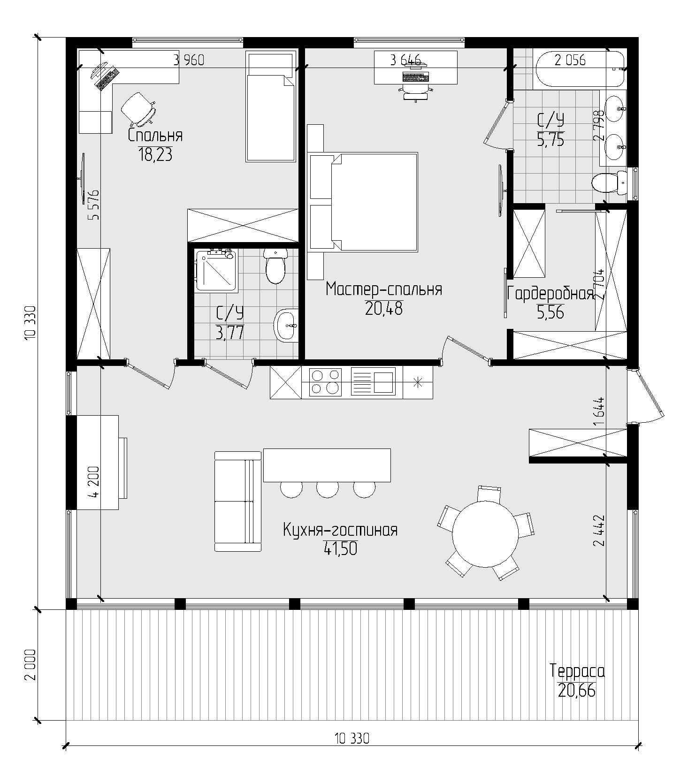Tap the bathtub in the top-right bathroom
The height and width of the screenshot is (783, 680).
(x=579, y=69)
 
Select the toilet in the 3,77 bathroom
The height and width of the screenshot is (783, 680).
(x=275, y=266)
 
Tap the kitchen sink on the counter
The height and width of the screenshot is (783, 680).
(x=373, y=381)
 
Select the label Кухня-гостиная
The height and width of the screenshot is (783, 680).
(x=340, y=530)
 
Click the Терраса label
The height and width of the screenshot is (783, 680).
(x=577, y=671)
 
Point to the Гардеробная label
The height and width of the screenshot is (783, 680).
(x=550, y=294)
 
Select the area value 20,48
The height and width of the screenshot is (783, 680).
(x=384, y=308)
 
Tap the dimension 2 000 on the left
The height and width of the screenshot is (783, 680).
(x=31, y=665)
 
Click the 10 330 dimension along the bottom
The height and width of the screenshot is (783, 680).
(x=352, y=738)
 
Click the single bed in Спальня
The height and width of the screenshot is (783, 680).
(x=271, y=107)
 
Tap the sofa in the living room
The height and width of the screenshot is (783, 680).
(x=238, y=502)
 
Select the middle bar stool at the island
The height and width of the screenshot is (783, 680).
(x=328, y=489)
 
